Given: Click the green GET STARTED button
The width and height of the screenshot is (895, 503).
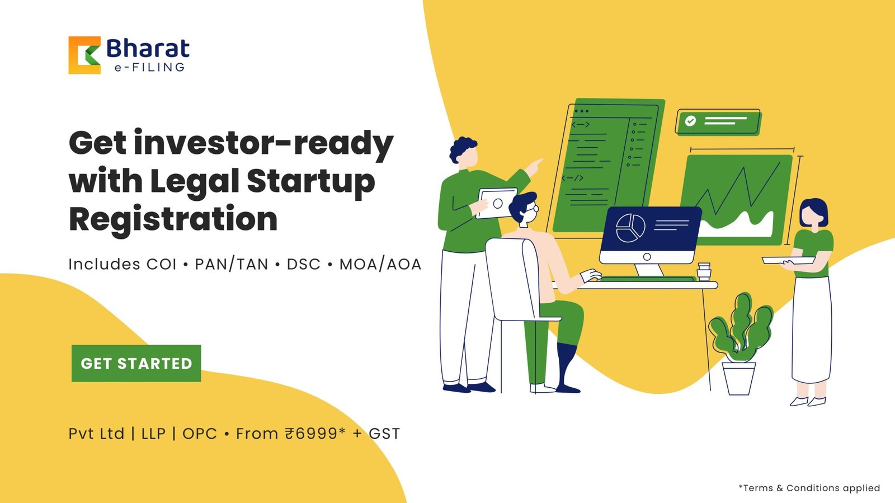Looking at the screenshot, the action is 136,363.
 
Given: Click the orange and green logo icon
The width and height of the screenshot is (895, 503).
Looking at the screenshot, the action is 84,55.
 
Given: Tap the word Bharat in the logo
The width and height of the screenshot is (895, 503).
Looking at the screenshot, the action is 148,48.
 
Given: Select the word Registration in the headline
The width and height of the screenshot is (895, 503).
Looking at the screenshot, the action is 173,219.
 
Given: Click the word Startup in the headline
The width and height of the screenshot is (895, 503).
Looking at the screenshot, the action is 311,182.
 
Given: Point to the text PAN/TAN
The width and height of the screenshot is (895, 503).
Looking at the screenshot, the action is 232,265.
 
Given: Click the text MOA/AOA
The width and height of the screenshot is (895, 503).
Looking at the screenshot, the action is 380,265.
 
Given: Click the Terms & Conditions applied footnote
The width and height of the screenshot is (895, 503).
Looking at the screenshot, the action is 809,488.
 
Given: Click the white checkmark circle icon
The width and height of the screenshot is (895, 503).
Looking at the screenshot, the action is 690,121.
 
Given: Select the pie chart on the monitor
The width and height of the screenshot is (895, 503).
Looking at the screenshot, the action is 630,228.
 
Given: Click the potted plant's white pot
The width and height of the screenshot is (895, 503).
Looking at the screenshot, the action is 739,378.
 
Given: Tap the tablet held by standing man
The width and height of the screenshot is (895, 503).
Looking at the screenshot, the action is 497,203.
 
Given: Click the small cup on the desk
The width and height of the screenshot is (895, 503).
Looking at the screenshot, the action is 704,272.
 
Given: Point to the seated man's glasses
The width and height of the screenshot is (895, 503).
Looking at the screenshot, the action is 532,208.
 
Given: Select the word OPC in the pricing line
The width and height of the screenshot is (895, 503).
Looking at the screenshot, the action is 200,434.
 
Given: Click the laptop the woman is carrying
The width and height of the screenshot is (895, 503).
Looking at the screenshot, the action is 788,261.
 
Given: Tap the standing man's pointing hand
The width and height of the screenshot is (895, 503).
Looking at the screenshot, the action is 534,166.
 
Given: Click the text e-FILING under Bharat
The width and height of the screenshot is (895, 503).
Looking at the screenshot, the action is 149,67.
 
